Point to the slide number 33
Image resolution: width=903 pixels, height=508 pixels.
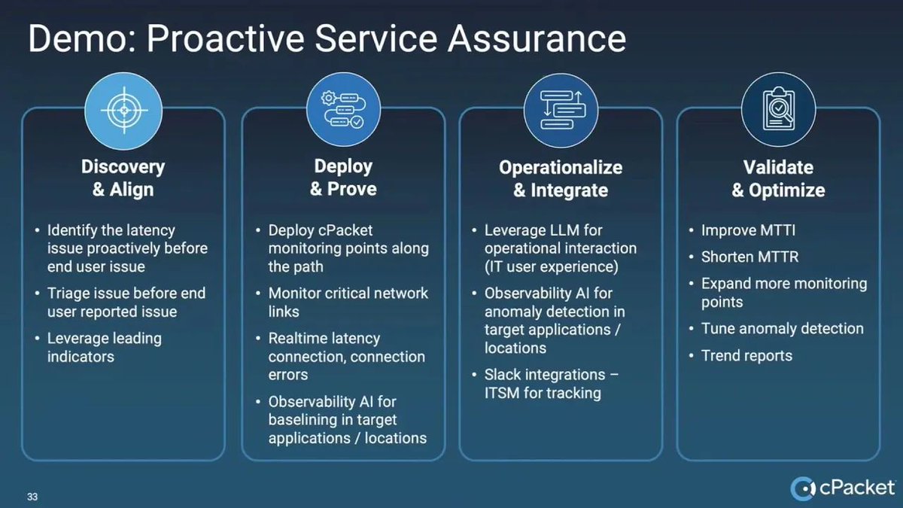[32, 497]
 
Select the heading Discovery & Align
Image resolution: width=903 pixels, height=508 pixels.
[123, 178]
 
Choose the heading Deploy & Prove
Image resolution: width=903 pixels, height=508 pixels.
[343, 178]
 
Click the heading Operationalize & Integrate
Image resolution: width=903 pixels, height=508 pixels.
[561, 178]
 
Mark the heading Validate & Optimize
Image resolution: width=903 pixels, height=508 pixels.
[778, 178]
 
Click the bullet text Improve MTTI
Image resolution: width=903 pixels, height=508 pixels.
[748, 230]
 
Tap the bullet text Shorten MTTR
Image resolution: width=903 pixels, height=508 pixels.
[750, 257]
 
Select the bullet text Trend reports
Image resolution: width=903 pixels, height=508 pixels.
[746, 355]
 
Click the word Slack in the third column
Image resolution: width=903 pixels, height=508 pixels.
[502, 374]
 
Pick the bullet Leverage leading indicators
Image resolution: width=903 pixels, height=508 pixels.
[104, 347]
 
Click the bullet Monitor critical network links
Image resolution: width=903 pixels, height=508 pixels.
[348, 302]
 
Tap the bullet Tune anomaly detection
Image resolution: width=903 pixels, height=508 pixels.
[782, 328]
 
